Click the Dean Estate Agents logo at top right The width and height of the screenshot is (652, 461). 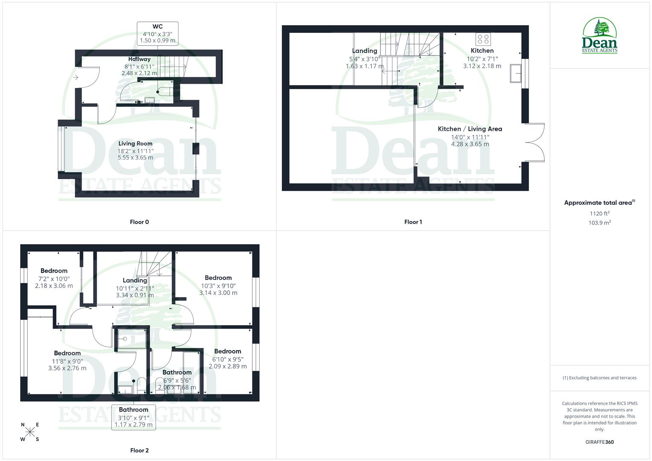pyautogui.click(x=599, y=35)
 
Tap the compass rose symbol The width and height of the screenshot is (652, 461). pyautogui.click(x=30, y=432)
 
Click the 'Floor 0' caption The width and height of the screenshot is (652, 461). pyautogui.click(x=139, y=222)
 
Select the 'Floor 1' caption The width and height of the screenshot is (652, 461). pyautogui.click(x=413, y=222)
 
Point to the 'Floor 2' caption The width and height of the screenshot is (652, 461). pyautogui.click(x=139, y=450)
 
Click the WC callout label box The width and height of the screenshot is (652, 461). pyautogui.click(x=158, y=34)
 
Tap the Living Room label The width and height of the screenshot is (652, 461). pyautogui.click(x=135, y=144)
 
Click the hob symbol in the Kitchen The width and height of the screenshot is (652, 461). pyautogui.click(x=483, y=39)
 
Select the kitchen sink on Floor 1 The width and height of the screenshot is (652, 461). pyautogui.click(x=516, y=74)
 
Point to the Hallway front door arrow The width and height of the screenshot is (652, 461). pyautogui.click(x=76, y=77)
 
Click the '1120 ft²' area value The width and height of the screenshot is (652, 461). pyautogui.click(x=599, y=213)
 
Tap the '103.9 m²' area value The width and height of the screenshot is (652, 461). pyautogui.click(x=599, y=223)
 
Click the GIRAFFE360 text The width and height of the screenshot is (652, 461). pyautogui.click(x=599, y=442)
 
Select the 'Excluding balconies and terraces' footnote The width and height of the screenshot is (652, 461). pyautogui.click(x=599, y=378)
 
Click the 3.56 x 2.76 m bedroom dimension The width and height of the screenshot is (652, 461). pyautogui.click(x=67, y=368)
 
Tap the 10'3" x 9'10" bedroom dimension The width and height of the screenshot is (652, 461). pyautogui.click(x=218, y=286)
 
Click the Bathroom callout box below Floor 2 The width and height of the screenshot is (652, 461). pyautogui.click(x=133, y=417)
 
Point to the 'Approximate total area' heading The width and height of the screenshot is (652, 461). pyautogui.click(x=599, y=203)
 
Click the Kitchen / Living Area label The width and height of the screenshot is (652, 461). pyautogui.click(x=470, y=129)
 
